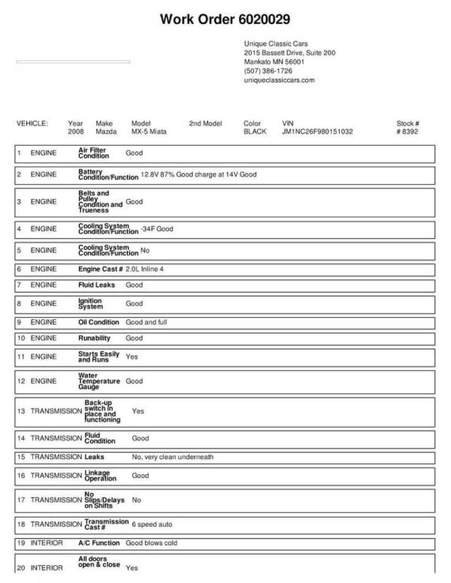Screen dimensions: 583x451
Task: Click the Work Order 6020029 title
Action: tap(225, 19)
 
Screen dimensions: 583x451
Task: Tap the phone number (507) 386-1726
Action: tap(268, 71)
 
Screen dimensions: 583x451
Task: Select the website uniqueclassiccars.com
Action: tap(279, 80)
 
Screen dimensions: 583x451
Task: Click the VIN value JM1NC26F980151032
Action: tap(317, 131)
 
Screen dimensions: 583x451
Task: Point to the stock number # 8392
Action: tap(407, 131)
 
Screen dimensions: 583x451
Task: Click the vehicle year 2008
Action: tap(76, 131)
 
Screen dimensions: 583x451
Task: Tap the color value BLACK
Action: tap(255, 131)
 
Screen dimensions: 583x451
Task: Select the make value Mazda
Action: tap(106, 131)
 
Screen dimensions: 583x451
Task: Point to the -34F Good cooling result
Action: tap(156, 228)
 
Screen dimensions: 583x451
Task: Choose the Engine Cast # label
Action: tap(100, 268)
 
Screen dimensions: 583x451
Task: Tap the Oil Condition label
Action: tap(99, 322)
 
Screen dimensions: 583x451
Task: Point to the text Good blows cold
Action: tap(151, 542)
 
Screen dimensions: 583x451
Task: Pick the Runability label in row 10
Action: tap(95, 338)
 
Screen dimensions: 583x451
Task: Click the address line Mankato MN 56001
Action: tap(274, 62)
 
